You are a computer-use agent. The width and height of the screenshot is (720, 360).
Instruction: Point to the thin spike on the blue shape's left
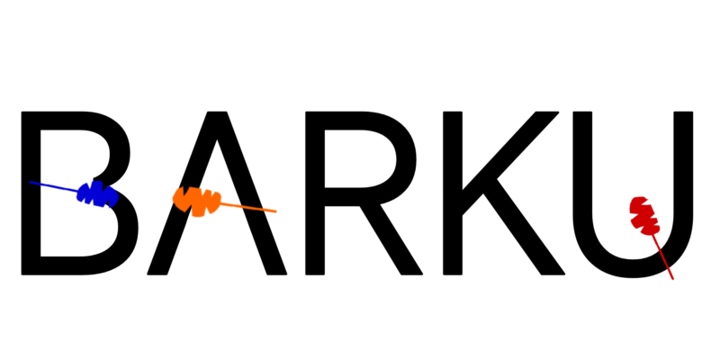tap(36, 183)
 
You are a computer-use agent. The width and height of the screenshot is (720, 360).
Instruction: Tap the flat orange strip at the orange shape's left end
tap(162, 194)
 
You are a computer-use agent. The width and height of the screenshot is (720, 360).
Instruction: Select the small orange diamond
tap(278, 205)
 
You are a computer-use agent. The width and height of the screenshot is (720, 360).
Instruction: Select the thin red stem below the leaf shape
tap(664, 259)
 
